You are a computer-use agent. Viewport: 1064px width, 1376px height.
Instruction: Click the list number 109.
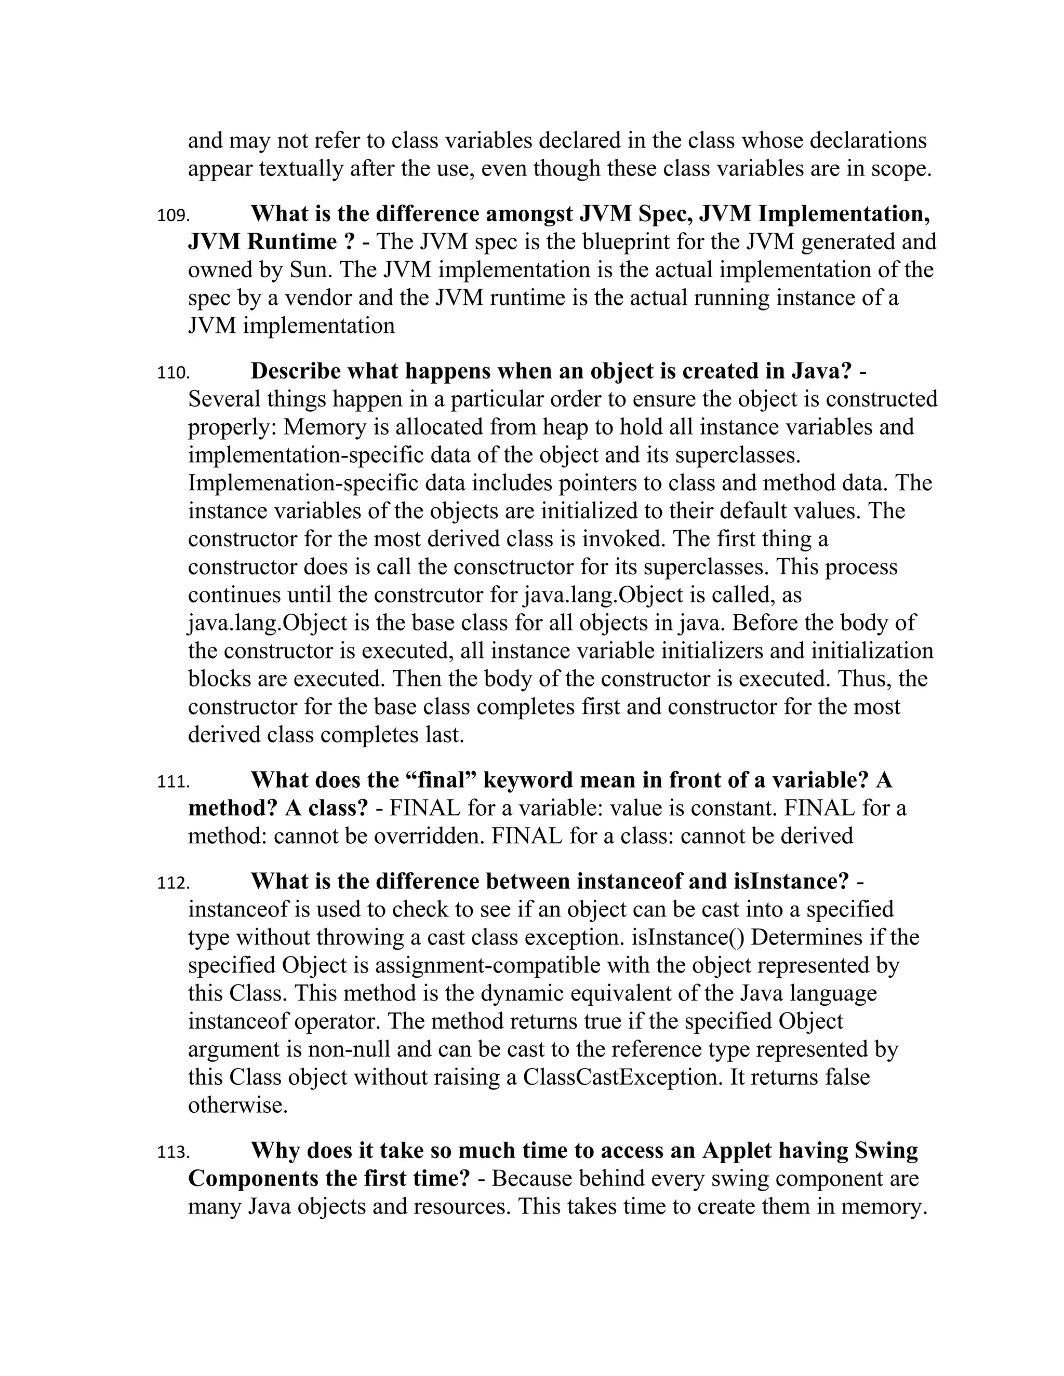[x=172, y=216]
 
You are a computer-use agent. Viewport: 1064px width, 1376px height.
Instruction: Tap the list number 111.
[x=172, y=782]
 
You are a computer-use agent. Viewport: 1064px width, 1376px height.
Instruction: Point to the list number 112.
[x=172, y=883]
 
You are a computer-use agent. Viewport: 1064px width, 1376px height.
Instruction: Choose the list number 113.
[x=172, y=1152]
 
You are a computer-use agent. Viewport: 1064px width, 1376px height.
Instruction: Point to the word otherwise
[x=237, y=1105]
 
